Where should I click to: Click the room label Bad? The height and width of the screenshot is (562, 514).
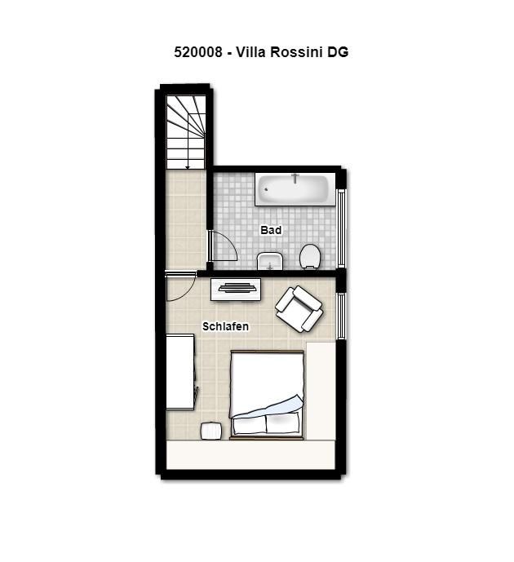(x=271, y=230)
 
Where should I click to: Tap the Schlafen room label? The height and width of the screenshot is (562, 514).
(x=225, y=326)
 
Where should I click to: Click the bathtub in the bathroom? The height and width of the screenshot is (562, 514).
(x=295, y=189)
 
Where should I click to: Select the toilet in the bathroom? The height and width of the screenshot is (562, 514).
(x=310, y=256)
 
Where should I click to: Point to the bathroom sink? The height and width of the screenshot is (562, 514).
(x=270, y=261)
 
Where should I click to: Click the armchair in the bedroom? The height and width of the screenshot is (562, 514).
(x=299, y=308)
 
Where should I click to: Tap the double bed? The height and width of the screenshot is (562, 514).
(x=267, y=395)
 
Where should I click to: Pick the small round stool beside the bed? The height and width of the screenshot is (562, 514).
(x=211, y=431)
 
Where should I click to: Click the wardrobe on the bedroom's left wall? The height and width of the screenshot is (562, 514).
(x=180, y=372)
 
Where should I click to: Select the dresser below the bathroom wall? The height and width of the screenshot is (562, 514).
(x=236, y=290)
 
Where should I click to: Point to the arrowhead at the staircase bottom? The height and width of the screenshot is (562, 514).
(x=187, y=166)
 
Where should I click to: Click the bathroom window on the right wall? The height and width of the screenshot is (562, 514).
(x=341, y=228)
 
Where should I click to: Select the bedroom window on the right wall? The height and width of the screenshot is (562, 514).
(x=341, y=316)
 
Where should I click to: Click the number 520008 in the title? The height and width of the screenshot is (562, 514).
(x=198, y=52)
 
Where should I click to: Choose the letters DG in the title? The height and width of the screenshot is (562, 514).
(x=337, y=52)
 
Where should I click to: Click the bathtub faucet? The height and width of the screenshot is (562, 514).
(x=295, y=178)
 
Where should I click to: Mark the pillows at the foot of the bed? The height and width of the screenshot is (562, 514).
(x=266, y=425)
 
